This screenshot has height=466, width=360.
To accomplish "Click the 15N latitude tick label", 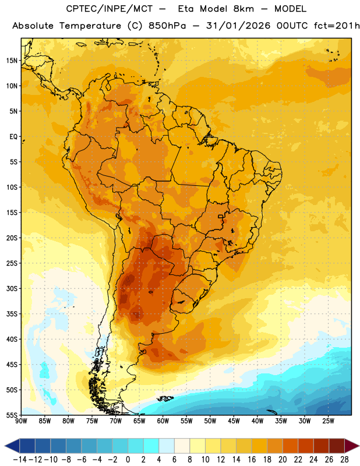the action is point(12,61).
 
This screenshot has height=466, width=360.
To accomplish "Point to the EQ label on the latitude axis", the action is point(13,137).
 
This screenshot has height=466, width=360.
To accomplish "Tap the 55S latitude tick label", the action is point(12,415).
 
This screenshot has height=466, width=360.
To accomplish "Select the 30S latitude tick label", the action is point(12,288).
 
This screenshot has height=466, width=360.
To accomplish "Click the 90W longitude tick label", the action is point(21,421).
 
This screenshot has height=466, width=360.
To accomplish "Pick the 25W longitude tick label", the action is point(328,421).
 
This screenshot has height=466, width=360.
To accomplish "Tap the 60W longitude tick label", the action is point(163,421).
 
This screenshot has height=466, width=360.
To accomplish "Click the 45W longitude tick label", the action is point(234,421).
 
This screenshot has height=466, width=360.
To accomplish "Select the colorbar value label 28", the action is point(344,460).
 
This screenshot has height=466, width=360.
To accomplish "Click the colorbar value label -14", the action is point(20,460).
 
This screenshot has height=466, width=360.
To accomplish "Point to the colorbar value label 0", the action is point(128,460).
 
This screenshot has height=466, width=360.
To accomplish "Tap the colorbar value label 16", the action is point(252,460).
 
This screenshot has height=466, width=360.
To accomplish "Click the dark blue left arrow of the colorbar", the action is point(12,446).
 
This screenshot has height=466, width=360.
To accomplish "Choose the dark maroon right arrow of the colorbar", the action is point(352,446).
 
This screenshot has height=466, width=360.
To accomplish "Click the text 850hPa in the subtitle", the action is point(167,26).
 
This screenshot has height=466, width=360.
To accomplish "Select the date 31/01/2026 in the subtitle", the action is point(238,26).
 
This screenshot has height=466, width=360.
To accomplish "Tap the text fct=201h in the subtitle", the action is point(337,26).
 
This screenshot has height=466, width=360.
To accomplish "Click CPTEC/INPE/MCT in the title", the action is point(110,9).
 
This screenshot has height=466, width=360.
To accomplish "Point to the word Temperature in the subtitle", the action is point(90,26).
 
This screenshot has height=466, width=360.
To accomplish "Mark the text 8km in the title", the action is point(243,9).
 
